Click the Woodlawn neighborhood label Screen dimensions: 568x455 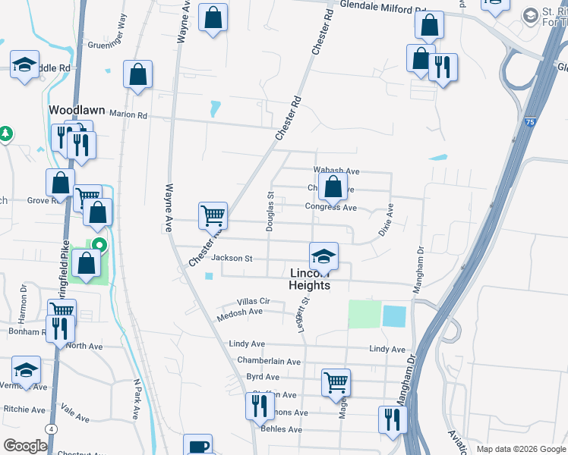76,110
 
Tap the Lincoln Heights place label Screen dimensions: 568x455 309,279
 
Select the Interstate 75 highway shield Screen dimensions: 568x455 529,121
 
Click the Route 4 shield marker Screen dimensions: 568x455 50,428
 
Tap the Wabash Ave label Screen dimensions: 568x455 336,171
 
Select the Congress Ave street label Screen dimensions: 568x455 331,207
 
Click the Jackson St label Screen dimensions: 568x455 232,258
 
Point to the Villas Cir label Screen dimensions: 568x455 253,301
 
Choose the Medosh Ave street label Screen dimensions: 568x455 239,312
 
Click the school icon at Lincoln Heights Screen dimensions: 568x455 323,256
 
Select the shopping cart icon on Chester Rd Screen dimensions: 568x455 213,215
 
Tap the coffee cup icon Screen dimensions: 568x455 198,446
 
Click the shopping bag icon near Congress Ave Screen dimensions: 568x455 333,187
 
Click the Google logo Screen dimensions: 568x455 26,446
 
